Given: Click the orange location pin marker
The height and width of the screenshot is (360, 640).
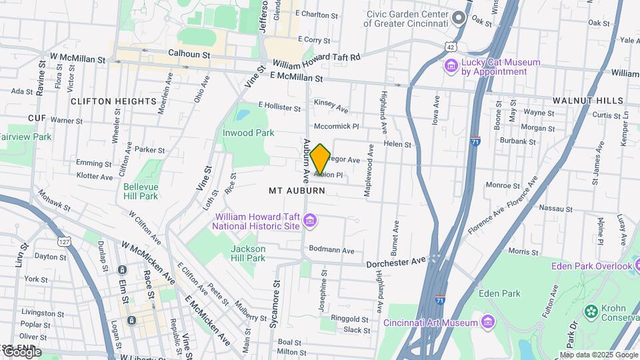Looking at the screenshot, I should pos(320,159).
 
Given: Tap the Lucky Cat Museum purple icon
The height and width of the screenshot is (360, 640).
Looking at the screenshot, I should pos(451,67).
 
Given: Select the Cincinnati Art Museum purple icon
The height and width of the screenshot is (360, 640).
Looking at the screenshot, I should pos(488,323).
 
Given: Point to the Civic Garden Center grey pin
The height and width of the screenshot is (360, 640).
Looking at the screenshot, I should pos(459,18).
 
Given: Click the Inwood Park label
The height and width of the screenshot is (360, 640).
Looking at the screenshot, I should pos(248,133).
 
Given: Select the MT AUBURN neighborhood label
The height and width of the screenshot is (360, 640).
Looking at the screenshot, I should pos(297,191).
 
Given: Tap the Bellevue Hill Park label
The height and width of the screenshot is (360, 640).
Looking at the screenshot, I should pos(140,191).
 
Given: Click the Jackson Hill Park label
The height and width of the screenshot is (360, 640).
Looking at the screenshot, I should pos(248,253).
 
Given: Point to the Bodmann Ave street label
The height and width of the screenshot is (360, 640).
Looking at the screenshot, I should pos(331,250).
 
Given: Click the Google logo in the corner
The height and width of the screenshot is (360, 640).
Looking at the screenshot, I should pos(22,352).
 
